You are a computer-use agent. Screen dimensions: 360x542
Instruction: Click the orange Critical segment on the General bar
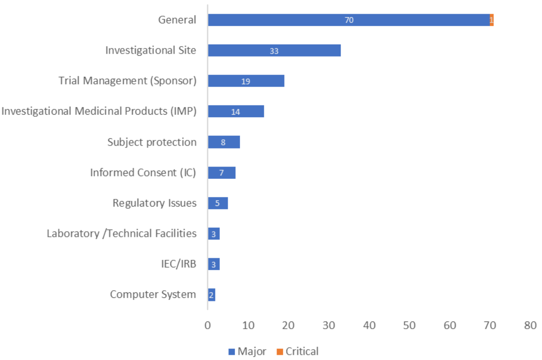coord(492,20)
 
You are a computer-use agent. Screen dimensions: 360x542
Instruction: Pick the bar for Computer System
coord(212,295)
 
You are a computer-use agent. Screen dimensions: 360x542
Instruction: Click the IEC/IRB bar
coord(214,264)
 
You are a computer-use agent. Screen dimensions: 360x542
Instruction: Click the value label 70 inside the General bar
coord(349,20)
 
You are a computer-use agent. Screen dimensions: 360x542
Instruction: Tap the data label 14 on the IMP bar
coord(235,112)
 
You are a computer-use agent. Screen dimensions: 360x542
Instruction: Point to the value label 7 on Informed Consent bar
coord(221,173)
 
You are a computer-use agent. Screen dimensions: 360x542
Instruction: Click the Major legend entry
coord(252,351)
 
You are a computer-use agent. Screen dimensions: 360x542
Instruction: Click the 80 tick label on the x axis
coord(530,326)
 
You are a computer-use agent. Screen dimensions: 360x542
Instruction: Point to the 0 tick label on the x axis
coord(208,326)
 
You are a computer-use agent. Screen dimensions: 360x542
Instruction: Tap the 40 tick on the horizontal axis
coord(369,326)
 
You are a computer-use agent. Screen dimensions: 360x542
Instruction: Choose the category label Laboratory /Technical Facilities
coord(121,234)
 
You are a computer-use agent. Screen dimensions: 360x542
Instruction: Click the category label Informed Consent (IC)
coord(143,173)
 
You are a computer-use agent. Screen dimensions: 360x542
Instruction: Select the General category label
coord(177,20)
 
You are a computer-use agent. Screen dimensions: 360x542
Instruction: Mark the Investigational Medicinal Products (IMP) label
coord(99,111)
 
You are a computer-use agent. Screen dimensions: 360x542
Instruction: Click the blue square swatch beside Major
coord(232,352)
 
